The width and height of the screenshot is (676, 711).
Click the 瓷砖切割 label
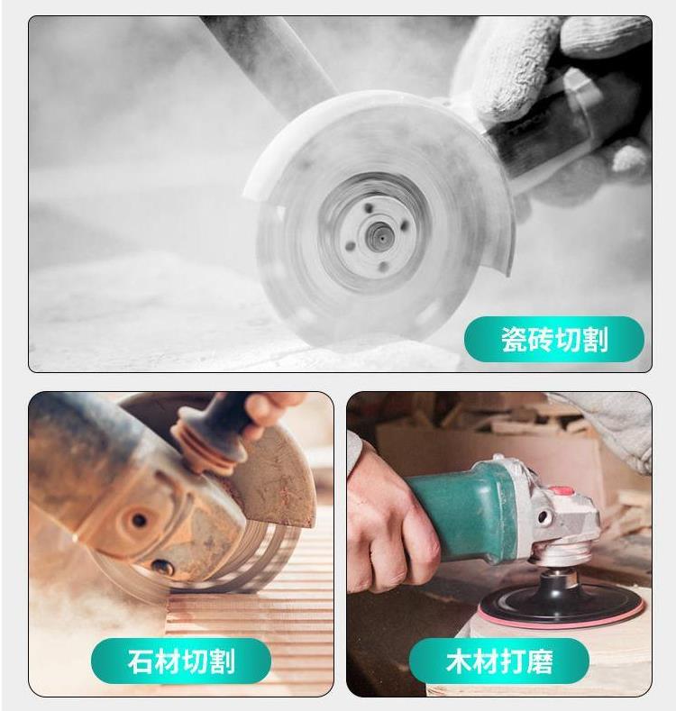click(x=554, y=339)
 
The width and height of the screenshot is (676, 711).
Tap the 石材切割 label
click(x=181, y=661)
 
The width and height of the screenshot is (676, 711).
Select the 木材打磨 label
click(x=499, y=661)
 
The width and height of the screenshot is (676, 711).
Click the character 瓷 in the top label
click(x=514, y=339)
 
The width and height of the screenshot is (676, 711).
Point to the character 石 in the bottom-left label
click(x=141, y=661)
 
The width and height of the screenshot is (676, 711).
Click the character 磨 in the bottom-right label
click(x=540, y=661)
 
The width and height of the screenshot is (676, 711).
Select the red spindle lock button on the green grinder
click(x=562, y=492)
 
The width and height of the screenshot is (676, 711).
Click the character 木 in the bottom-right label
click(x=459, y=661)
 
